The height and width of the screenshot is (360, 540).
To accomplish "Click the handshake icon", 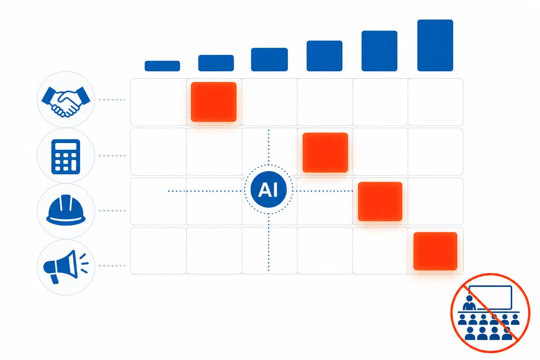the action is (x=66, y=102).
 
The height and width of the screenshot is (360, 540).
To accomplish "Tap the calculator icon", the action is (x=66, y=157).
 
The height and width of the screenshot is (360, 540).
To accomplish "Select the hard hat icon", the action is (x=66, y=210).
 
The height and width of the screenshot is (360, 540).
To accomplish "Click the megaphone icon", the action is (x=66, y=267).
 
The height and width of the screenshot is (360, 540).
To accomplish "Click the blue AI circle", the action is (x=269, y=189).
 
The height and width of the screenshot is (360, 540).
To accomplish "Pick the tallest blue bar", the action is (x=435, y=45).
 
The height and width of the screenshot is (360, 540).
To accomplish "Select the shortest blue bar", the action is (x=162, y=66).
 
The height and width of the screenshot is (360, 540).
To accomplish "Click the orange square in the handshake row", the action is (x=214, y=102).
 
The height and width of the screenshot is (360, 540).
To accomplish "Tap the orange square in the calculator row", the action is (x=325, y=153).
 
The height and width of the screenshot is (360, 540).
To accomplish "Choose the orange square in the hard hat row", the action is (x=380, y=201).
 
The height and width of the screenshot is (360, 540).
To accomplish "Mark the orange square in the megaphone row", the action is (x=436, y=251).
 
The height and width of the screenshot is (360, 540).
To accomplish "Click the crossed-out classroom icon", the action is (x=490, y=313).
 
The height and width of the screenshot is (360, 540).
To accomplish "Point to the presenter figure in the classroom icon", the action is (x=469, y=303).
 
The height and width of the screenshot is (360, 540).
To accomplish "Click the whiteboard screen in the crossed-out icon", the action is (x=490, y=297).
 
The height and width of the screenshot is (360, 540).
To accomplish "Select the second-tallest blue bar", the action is (x=379, y=51).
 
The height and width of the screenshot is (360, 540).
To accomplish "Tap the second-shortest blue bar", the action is (x=216, y=63).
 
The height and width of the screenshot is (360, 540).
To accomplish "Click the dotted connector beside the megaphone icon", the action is (x=112, y=265).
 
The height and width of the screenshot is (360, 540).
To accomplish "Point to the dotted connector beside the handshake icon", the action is (x=112, y=99).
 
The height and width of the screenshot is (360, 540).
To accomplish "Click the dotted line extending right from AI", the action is (x=324, y=191).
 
